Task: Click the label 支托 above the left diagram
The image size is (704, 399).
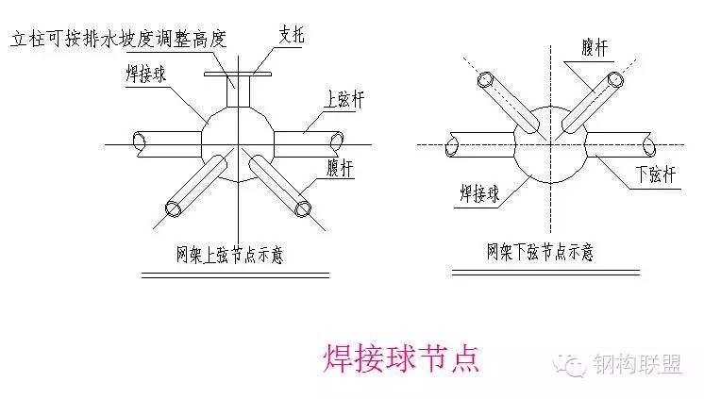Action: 292,35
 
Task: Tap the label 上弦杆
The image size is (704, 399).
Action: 344,99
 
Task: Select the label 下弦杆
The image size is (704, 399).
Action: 656,175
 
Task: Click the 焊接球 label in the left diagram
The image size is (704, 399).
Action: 146,75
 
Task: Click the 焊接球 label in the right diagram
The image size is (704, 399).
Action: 479,194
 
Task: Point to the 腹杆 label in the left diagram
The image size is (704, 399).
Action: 340,168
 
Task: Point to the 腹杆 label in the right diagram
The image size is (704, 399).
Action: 595,47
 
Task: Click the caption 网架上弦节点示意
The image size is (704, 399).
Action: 229,255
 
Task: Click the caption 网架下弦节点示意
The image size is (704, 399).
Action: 540,252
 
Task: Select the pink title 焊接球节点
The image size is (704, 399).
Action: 401,358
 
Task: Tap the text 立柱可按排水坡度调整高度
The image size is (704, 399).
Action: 119,39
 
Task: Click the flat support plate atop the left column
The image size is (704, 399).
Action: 238,75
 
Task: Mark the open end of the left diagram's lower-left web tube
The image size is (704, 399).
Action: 174,209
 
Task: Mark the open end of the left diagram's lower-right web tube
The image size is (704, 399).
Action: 303,208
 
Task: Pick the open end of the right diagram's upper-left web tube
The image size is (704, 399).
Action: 485,80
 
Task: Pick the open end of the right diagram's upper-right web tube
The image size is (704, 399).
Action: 615,80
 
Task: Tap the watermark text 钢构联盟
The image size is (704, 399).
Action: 638,364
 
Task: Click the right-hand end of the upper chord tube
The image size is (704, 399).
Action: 337,141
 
